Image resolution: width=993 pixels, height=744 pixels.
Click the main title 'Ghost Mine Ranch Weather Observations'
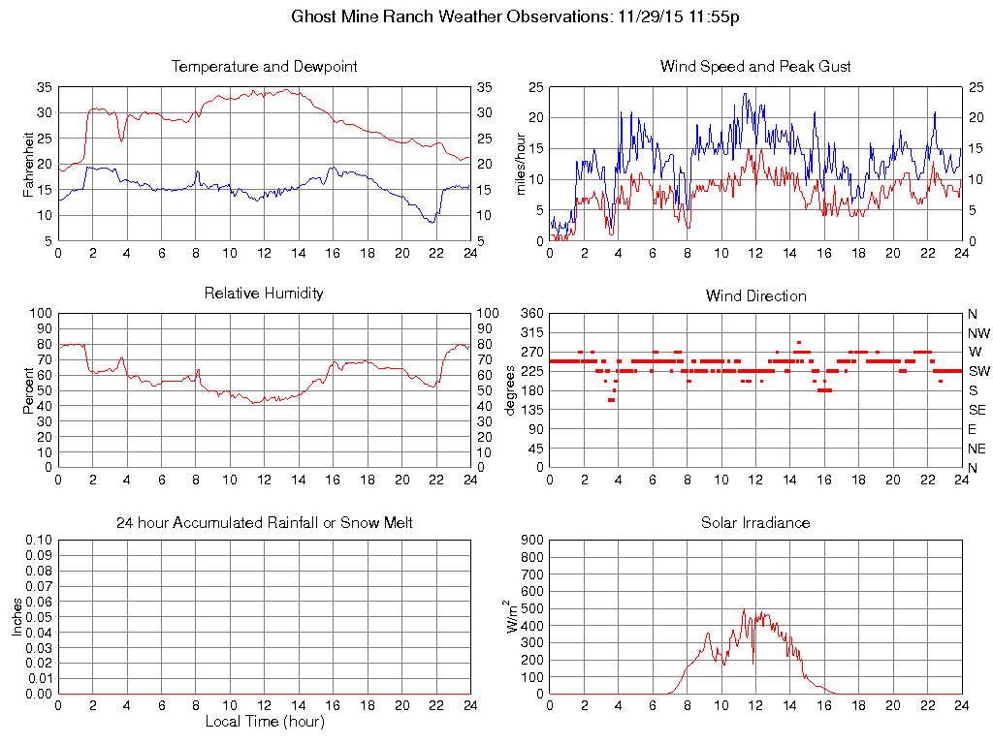pyautogui.click(x=452, y=16)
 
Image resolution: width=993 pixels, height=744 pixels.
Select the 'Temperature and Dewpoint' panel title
pyautogui.click(x=265, y=67)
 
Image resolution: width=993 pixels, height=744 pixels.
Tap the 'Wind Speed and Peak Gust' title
pyautogui.click(x=755, y=67)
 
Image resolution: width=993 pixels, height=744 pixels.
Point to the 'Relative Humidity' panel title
pyautogui.click(x=265, y=293)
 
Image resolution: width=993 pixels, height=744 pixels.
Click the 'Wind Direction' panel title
pyautogui.click(x=755, y=295)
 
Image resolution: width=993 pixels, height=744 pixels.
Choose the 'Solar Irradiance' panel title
pyautogui.click(x=755, y=522)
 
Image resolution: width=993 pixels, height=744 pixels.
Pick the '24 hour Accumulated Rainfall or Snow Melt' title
pyautogui.click(x=265, y=522)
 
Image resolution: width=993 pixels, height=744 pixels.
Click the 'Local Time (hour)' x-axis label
pyautogui.click(x=265, y=722)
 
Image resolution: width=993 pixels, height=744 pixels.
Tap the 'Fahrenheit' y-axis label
pyautogui.click(x=29, y=164)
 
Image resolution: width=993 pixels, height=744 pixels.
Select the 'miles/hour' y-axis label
pyautogui.click(x=520, y=164)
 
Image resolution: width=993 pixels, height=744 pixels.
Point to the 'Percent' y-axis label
pyautogui.click(x=29, y=389)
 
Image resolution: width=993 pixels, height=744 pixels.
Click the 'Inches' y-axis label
pyautogui.click(x=17, y=616)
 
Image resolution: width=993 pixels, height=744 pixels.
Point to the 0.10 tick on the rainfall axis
pyautogui.click(x=38, y=540)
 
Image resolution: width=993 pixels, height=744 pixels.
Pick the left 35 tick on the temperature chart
pyautogui.click(x=44, y=87)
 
